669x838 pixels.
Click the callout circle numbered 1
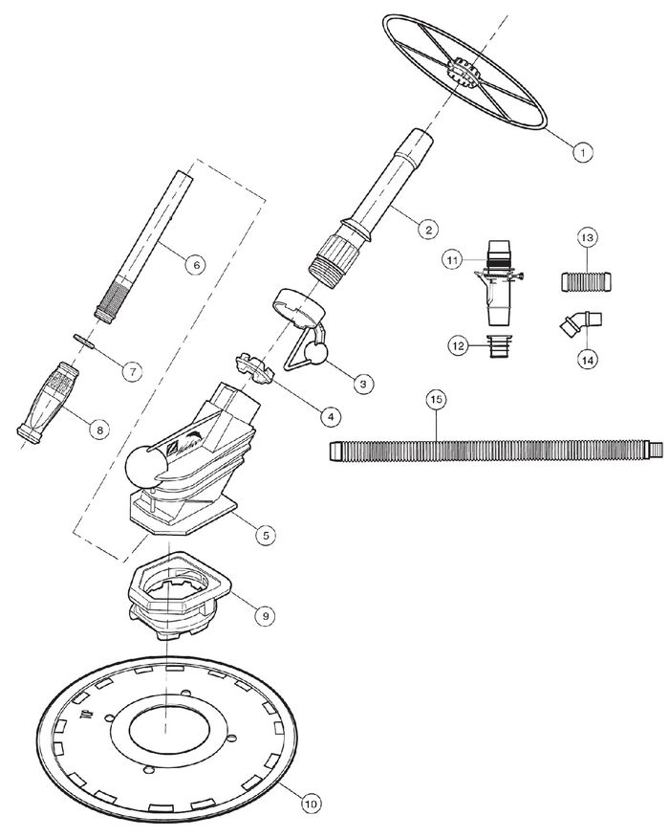pyautogui.click(x=582, y=152)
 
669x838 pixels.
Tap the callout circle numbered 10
pyautogui.click(x=312, y=803)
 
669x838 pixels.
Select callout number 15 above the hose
pyautogui.click(x=437, y=399)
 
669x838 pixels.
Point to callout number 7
pyautogui.click(x=132, y=370)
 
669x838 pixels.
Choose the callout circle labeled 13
pyautogui.click(x=587, y=237)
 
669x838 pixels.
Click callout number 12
pyautogui.click(x=458, y=345)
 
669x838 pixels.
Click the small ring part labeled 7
pyautogui.click(x=82, y=341)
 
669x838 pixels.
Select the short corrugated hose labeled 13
pyautogui.click(x=586, y=280)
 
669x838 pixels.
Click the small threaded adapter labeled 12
pyautogui.click(x=498, y=346)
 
